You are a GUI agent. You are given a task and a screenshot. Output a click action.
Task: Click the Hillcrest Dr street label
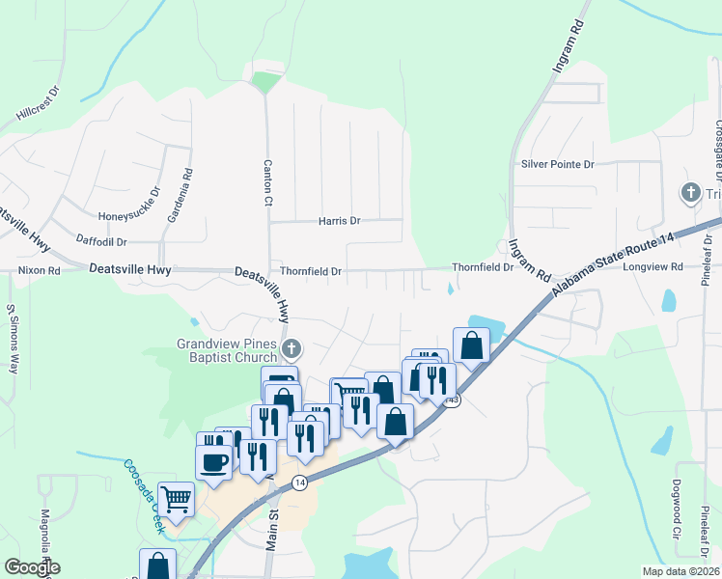point(39,105)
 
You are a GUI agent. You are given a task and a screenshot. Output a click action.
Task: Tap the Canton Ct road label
point(268,183)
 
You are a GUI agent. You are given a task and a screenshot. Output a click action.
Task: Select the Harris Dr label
point(339,221)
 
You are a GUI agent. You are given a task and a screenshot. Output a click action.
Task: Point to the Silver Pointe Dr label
point(558,164)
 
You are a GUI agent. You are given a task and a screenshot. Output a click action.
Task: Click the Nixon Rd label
point(39,271)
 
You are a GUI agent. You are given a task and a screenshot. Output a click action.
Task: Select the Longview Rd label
point(653,266)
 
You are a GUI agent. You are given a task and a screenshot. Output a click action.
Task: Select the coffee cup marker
point(213,461)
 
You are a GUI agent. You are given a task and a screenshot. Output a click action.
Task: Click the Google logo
point(32,567)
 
